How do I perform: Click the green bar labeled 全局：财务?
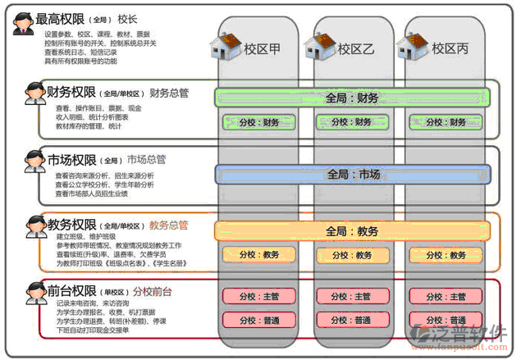point(352,98)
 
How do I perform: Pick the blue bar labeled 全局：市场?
point(353,174)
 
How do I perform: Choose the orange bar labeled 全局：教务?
point(353,231)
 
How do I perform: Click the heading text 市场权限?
point(72,159)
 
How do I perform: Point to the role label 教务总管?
point(169,225)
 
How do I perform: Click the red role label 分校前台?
point(158,290)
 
